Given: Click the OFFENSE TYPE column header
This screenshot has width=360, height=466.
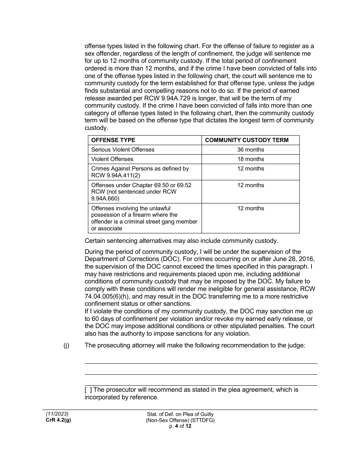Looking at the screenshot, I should [113, 140].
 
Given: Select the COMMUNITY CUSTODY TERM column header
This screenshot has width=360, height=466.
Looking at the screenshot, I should [246, 140].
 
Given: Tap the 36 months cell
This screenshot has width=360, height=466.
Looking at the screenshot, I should [250, 150].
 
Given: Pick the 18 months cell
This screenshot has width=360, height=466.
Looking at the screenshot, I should [250, 159].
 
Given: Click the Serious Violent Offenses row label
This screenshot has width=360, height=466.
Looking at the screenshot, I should [123, 150].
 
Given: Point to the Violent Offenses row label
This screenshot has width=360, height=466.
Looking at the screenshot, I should [112, 159].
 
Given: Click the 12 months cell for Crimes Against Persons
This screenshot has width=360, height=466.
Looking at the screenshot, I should [250, 169].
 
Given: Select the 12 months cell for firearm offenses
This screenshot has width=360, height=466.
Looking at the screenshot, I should [250, 208].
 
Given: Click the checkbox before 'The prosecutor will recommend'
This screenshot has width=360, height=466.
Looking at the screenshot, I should [88, 390].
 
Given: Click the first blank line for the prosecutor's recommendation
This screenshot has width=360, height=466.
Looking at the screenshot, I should [201, 363].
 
